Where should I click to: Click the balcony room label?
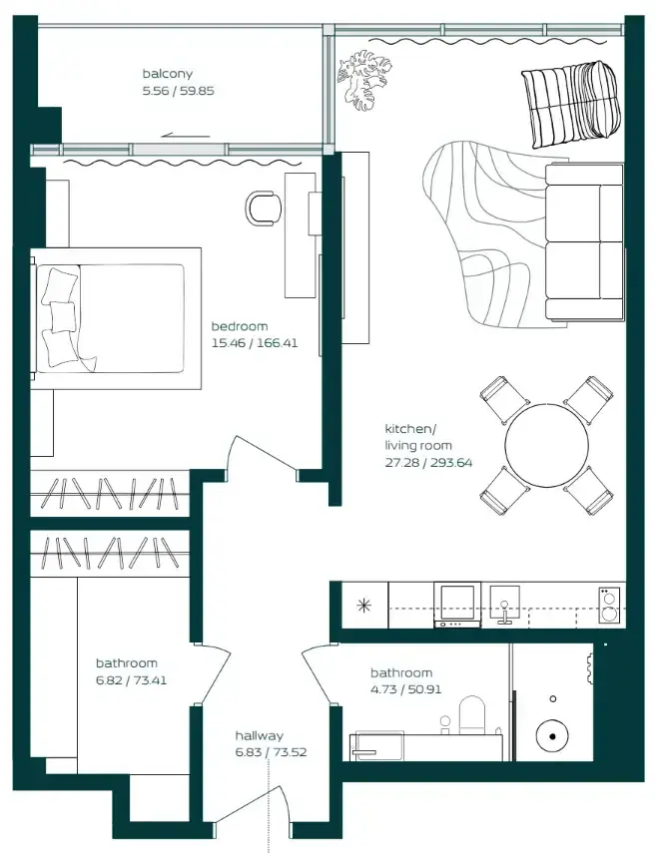167,74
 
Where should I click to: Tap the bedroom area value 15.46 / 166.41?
255,343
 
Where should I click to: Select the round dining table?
546,446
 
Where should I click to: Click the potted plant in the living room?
364,79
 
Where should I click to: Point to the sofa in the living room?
584,242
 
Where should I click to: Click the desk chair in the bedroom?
264,208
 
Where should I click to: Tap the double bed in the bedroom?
116,318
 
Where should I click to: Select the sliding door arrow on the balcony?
186,136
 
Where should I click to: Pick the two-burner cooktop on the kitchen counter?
609,605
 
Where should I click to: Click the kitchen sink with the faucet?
504,605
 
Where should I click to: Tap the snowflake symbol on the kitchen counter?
363,606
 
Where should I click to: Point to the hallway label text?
260,735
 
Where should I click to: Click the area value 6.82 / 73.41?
131,680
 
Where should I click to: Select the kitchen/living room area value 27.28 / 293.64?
428,463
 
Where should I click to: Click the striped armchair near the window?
569,103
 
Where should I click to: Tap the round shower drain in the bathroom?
552,736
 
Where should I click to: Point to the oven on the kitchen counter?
457,605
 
